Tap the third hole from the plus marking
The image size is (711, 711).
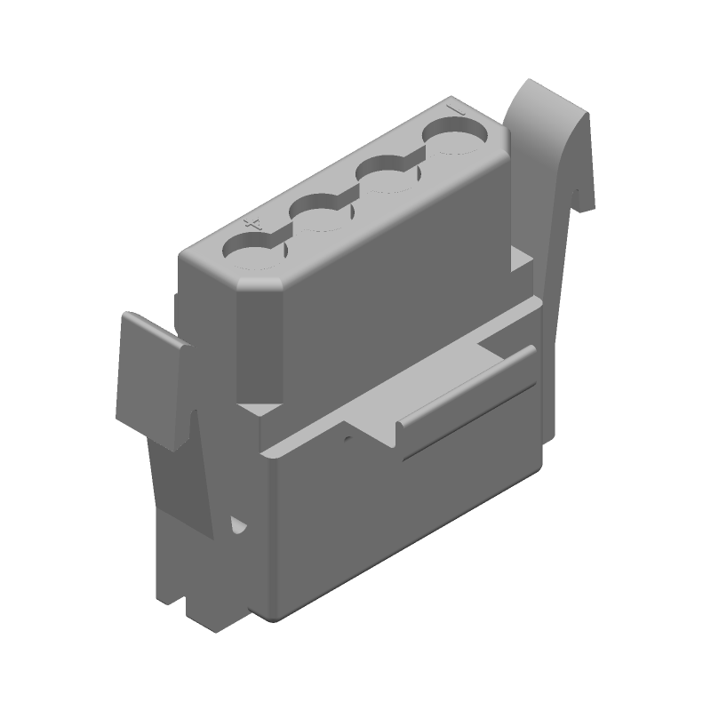coord(387,178)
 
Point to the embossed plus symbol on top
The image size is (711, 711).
coord(252,221)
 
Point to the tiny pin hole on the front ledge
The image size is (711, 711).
coord(349,437)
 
